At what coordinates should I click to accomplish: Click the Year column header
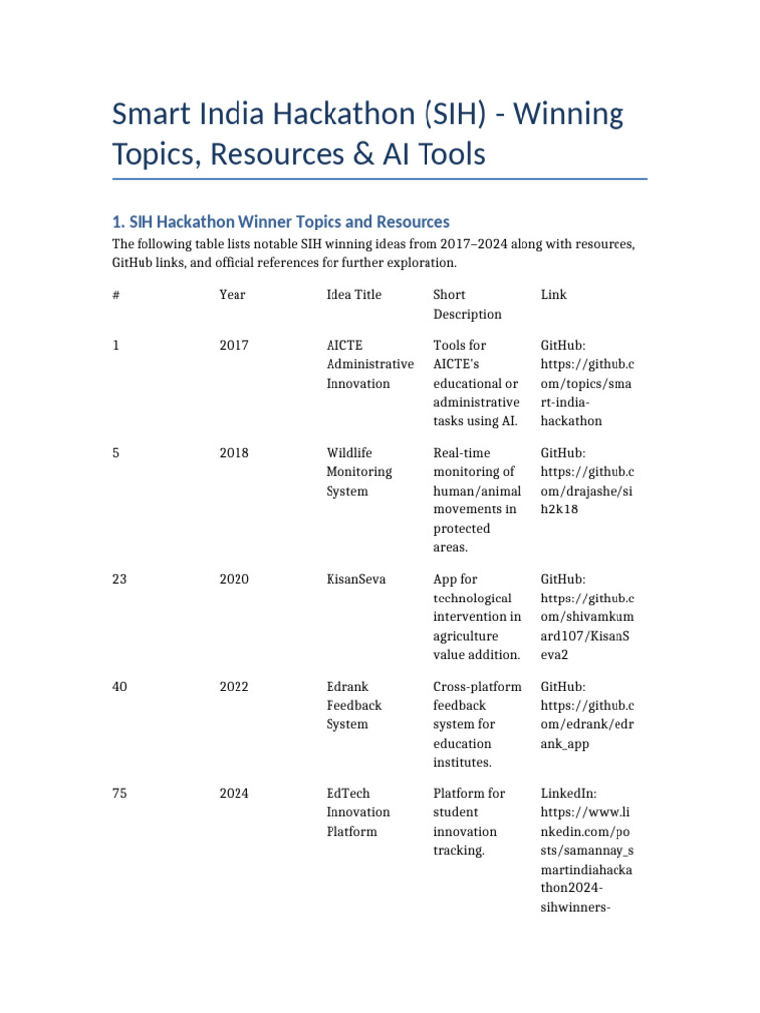coord(233,295)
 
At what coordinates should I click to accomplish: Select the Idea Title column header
coord(353,295)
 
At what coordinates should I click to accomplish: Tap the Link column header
coord(554,295)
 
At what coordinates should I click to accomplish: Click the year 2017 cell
coord(234,345)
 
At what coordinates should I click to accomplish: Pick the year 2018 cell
coord(234,453)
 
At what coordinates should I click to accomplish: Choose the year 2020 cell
coord(234,579)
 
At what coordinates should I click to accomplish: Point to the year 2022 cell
coord(234,687)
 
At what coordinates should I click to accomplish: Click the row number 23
coord(121,579)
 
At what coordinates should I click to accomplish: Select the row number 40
coord(121,687)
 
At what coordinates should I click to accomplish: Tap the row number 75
coord(121,793)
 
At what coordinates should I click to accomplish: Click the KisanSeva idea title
coord(356,579)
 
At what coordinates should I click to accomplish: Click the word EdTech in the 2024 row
coord(347,793)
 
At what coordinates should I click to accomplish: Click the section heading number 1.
coord(117,222)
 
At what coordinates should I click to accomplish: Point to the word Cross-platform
coord(477,687)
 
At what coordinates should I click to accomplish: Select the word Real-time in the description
coord(460,453)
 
